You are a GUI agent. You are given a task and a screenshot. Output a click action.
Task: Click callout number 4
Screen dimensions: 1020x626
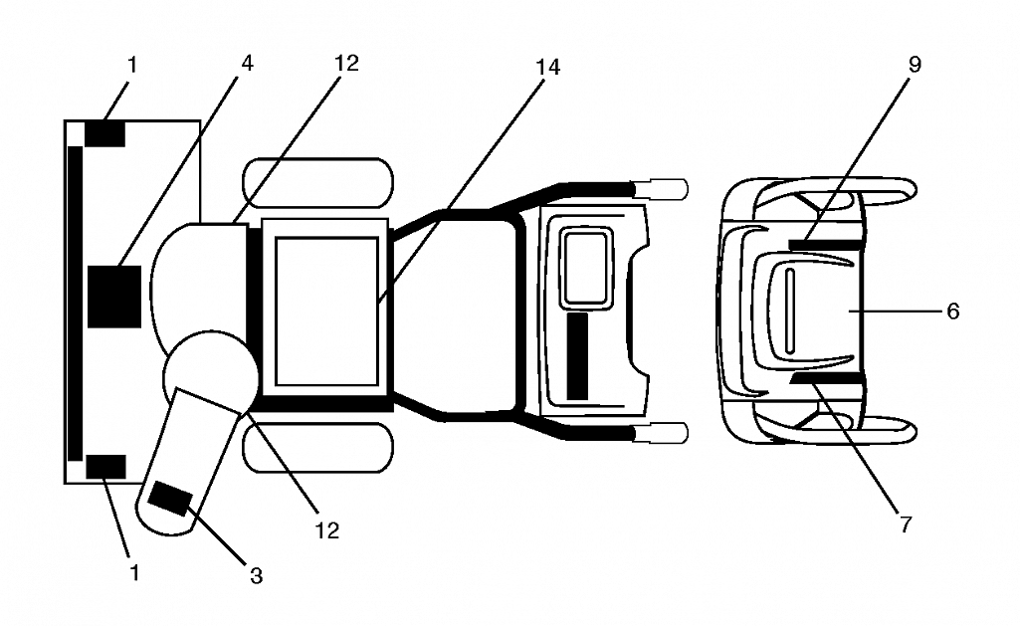coord(247,63)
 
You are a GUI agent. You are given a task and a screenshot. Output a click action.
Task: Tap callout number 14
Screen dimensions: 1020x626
coord(547,67)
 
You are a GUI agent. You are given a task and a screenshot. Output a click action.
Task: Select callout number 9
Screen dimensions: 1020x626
coord(915,65)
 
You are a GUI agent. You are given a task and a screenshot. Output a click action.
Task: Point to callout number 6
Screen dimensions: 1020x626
coord(953,312)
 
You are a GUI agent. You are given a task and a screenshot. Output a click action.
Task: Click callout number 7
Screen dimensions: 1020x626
coord(907,523)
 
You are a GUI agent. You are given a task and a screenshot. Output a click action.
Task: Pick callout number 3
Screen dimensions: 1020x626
coord(257,575)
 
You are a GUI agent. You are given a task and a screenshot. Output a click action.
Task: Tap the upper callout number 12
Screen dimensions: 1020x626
coord(346,63)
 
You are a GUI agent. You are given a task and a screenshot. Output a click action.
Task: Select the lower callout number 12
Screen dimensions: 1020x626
coord(327,530)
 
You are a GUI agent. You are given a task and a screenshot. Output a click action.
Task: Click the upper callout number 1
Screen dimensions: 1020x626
coord(132,65)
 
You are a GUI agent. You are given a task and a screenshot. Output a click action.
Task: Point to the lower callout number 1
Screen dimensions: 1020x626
coord(134,572)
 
